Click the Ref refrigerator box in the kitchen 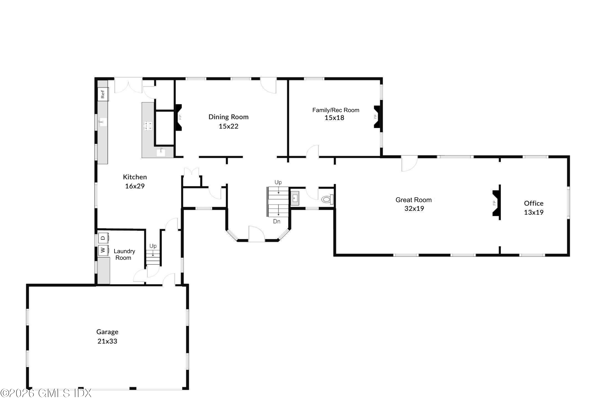103,94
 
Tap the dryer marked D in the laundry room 103,238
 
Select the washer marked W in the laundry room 103,250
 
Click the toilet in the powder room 327,199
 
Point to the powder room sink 295,198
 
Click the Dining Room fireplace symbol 179,117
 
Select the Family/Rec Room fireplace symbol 377,117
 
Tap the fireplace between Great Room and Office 496,203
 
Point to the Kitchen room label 135,177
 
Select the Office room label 533,203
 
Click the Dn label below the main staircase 276,221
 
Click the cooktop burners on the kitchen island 148,125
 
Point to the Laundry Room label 124,254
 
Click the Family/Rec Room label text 336,110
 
